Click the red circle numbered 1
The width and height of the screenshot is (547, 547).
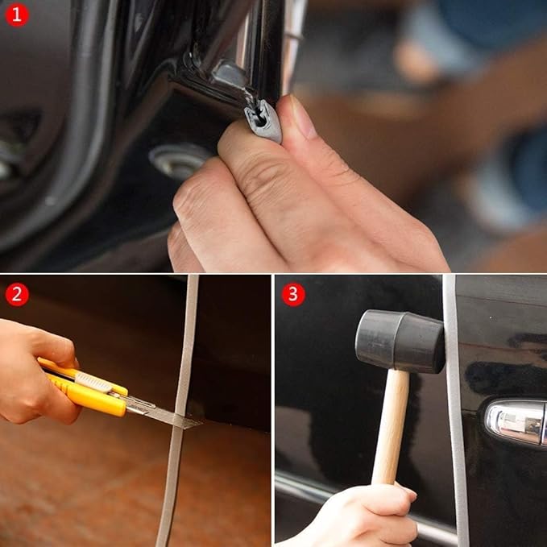pos(17,15)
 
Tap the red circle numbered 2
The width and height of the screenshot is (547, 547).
pos(17,294)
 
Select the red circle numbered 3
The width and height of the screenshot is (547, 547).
pos(293,294)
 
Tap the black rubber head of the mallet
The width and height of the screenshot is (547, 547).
pos(399,340)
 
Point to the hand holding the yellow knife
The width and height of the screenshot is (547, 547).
pos(32,371)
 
